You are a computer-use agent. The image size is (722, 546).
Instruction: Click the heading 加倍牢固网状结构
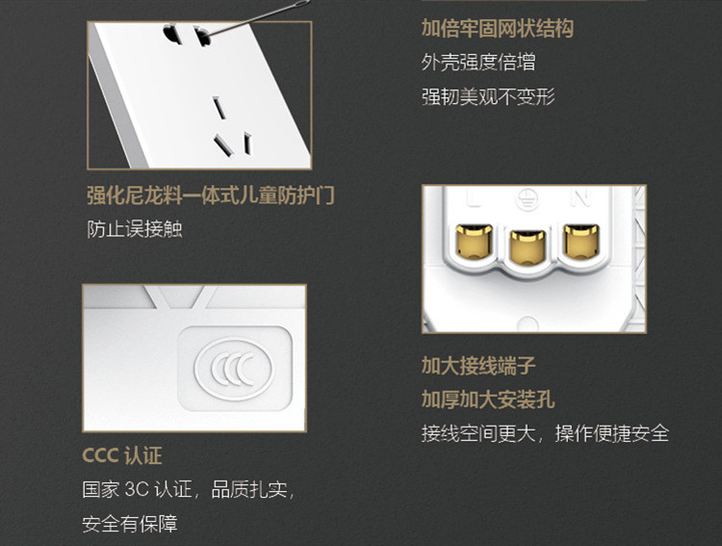click(x=498, y=29)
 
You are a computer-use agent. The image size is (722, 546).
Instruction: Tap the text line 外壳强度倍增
click(x=478, y=63)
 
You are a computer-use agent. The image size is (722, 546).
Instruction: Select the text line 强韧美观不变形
click(x=488, y=96)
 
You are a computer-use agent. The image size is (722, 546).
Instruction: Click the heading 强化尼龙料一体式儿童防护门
click(x=211, y=195)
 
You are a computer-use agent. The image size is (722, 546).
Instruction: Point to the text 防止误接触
click(x=135, y=229)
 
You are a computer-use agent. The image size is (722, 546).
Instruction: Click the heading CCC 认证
click(x=122, y=455)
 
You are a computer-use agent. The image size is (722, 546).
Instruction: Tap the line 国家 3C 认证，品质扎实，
click(x=189, y=489)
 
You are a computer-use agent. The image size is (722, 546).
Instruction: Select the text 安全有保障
click(x=130, y=524)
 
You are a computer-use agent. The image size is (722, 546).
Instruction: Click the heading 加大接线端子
click(x=478, y=366)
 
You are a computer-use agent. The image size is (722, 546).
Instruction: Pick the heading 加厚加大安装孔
click(x=488, y=400)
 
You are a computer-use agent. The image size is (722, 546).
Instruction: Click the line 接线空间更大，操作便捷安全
click(x=545, y=433)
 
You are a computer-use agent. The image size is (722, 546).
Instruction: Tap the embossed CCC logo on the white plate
click(x=235, y=369)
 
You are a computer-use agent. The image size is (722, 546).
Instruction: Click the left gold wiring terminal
click(x=474, y=241)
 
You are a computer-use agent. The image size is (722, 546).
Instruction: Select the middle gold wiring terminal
click(x=528, y=247)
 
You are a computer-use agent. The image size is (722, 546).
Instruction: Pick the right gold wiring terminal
click(x=581, y=241)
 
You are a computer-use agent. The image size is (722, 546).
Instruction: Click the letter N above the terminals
click(x=581, y=197)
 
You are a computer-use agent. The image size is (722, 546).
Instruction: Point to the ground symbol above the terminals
click(x=528, y=199)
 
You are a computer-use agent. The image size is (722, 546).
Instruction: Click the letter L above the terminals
click(x=474, y=197)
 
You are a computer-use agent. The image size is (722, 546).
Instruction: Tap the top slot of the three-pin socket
click(x=219, y=107)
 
